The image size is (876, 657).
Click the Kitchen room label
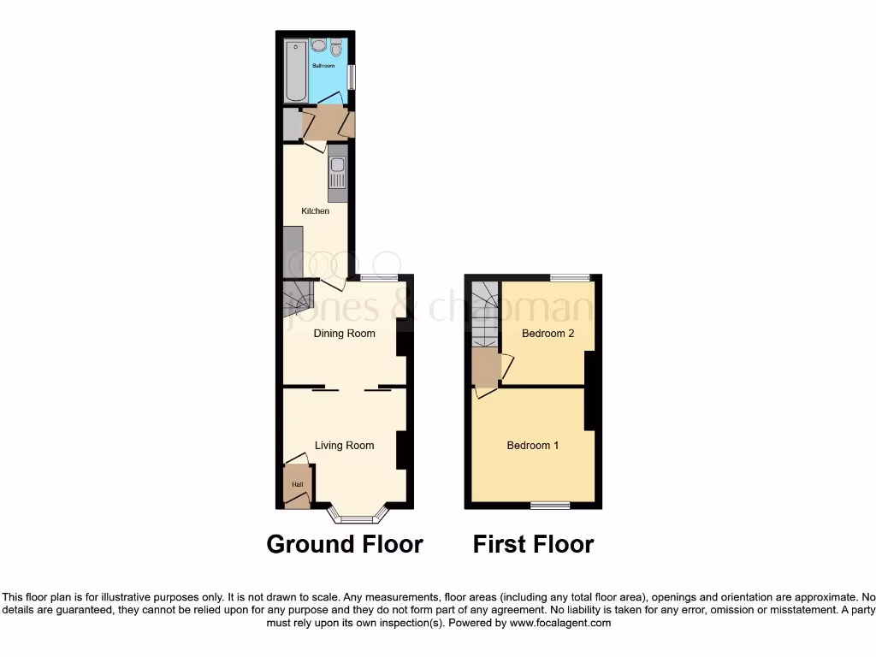[x=315, y=211]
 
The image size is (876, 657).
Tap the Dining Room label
[x=344, y=334]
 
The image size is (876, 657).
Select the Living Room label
[x=344, y=446]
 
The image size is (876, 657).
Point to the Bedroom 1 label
[x=533, y=446]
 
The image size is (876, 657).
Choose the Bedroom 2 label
[x=548, y=334]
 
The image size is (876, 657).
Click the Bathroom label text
[x=323, y=66]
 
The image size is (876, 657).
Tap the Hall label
[x=297, y=485]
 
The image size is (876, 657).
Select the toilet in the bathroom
[x=335, y=47]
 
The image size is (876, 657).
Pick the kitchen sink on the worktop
[x=337, y=166]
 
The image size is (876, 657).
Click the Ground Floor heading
[x=345, y=544]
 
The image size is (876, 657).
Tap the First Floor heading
[x=533, y=544]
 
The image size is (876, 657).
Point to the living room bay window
[x=358, y=518]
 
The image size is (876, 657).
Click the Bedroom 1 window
[x=550, y=505]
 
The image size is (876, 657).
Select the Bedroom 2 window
[x=570, y=277]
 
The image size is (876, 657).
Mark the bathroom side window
[x=352, y=76]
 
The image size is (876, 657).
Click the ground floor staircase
[x=299, y=299]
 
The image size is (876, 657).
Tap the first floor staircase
[x=485, y=313]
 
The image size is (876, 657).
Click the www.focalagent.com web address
[x=561, y=624]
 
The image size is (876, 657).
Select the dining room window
[x=379, y=277]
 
